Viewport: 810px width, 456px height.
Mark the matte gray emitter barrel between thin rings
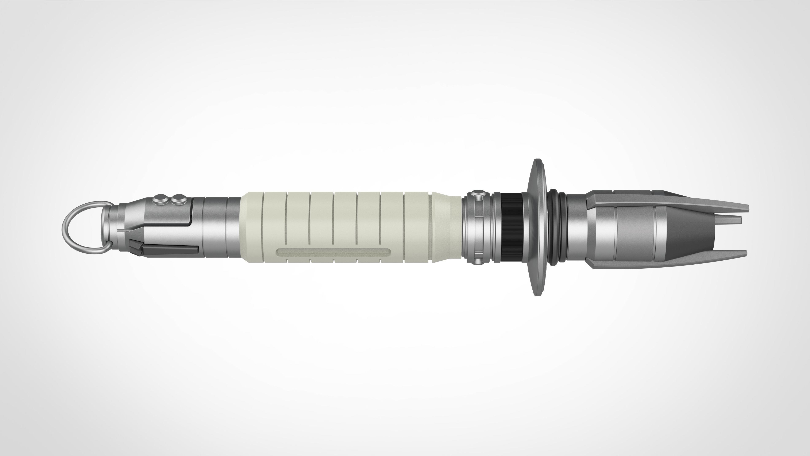[x=635, y=233]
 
